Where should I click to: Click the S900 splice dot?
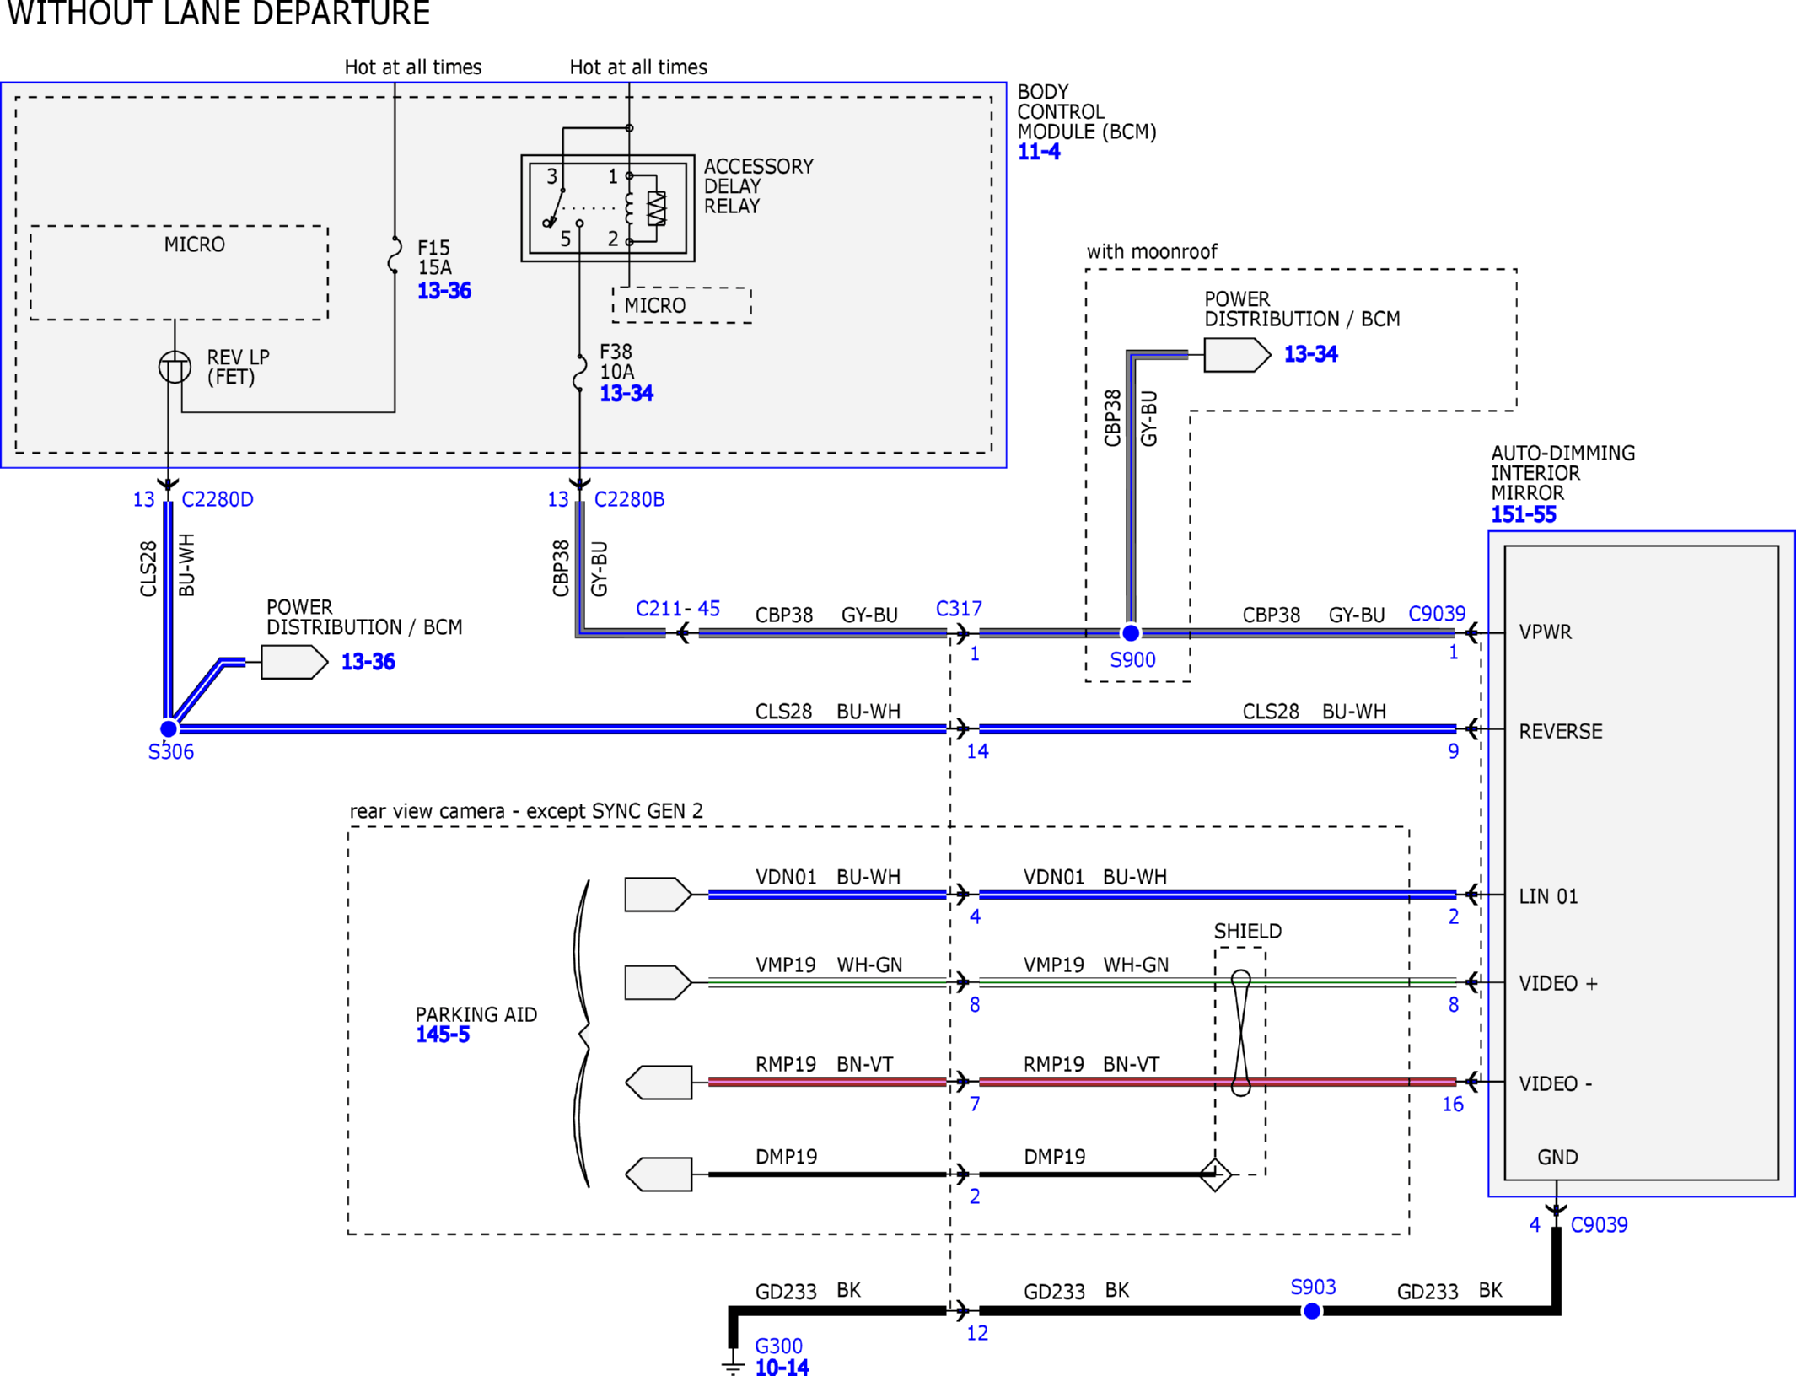click(x=1131, y=632)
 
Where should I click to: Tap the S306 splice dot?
click(x=169, y=728)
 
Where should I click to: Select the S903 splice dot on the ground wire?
click(x=1312, y=1311)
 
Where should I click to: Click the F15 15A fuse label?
click(x=434, y=257)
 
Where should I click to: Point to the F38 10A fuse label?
click(x=616, y=362)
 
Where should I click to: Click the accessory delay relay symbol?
click(x=608, y=208)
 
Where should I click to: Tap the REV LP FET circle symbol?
click(x=175, y=367)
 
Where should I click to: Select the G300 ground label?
click(x=778, y=1346)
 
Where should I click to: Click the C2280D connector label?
click(x=218, y=499)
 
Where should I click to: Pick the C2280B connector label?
click(x=629, y=499)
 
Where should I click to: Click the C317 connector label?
click(x=959, y=609)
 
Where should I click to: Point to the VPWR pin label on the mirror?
click(x=1545, y=632)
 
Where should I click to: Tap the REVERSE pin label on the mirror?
click(x=1560, y=731)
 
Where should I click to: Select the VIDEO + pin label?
click(x=1557, y=983)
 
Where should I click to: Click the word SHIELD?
click(x=1247, y=931)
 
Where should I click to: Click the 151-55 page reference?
click(x=1523, y=514)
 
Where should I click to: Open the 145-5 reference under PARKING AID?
click(x=443, y=1035)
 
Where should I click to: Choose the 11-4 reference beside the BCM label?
click(x=1039, y=152)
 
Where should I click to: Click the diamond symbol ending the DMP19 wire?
click(x=1215, y=1174)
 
